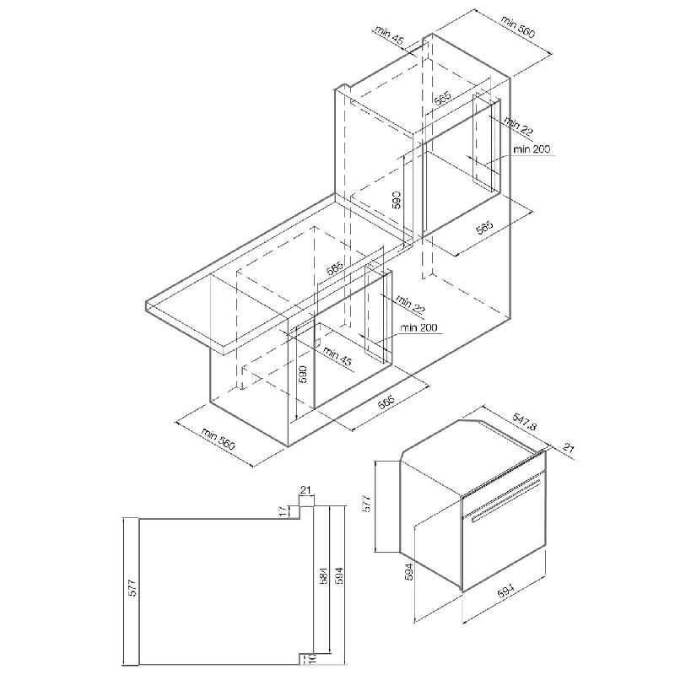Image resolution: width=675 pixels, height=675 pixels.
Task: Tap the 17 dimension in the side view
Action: [283, 511]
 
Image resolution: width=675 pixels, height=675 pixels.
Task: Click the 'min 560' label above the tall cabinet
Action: [518, 27]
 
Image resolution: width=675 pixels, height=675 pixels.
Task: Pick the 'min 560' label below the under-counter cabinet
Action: [219, 439]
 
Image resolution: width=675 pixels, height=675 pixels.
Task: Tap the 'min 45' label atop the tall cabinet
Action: [389, 35]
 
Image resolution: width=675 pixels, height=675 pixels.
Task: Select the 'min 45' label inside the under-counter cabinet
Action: [337, 356]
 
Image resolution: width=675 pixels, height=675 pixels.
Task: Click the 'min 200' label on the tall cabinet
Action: [532, 149]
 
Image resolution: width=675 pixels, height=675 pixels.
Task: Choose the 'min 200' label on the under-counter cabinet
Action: [418, 328]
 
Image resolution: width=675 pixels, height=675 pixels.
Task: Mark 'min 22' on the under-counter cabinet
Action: [411, 305]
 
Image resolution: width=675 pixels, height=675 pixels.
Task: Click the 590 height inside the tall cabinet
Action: [397, 200]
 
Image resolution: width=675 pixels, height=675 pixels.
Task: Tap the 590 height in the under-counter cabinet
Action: [303, 375]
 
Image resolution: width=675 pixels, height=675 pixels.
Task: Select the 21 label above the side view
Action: [305, 490]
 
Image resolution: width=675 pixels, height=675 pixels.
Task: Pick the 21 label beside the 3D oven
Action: [568, 449]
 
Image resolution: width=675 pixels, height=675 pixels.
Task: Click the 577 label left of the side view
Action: [132, 588]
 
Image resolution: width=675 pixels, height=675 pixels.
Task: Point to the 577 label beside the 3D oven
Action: [366, 503]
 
